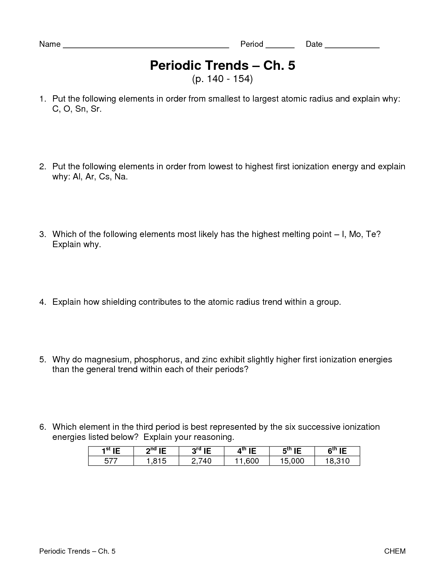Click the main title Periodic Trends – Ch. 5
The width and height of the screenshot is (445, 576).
(222, 65)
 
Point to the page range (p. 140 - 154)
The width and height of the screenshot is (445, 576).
(222, 79)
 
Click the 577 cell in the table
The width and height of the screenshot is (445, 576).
(111, 461)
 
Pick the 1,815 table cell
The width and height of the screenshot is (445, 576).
(156, 461)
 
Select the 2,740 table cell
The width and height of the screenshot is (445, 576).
(201, 461)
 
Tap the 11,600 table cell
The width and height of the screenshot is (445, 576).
(247, 461)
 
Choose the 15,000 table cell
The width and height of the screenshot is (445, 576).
(292, 461)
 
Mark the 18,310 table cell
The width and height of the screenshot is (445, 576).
(337, 461)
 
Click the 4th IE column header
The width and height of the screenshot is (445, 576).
(247, 451)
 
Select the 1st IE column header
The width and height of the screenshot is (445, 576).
(111, 451)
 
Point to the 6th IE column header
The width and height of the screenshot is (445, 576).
(337, 451)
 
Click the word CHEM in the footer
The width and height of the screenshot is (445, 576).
(395, 551)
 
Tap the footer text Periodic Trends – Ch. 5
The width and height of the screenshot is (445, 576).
(77, 551)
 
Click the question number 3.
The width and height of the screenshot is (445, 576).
(42, 234)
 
